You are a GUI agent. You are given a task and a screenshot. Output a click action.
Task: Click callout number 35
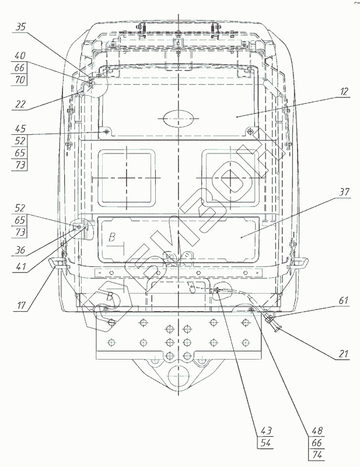pyautogui.click(x=20, y=26)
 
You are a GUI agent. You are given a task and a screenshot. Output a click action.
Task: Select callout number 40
pyautogui.click(x=20, y=56)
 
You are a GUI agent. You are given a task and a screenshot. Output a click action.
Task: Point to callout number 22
pyautogui.click(x=20, y=104)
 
